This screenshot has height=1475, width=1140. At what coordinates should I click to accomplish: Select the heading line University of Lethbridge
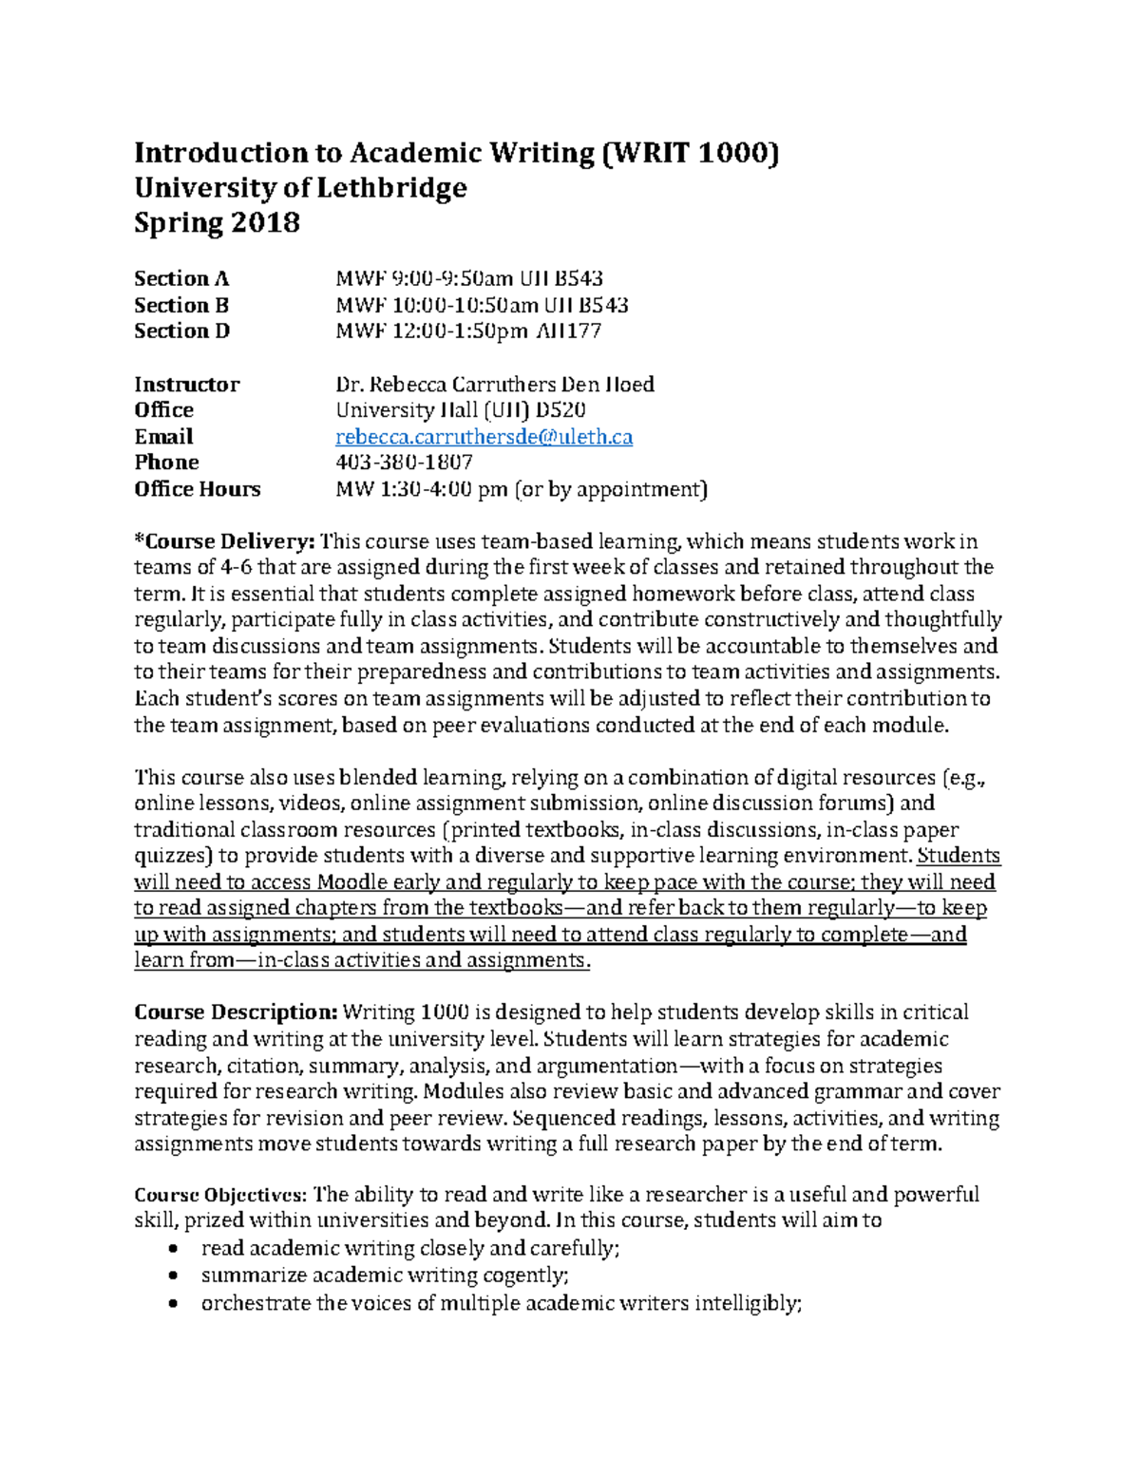pyautogui.click(x=300, y=188)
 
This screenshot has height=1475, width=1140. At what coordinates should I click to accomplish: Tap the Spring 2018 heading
pyautogui.click(x=217, y=223)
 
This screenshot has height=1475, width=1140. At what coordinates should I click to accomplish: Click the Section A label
pyautogui.click(x=180, y=279)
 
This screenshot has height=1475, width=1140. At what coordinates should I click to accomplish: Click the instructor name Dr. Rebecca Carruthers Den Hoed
pyautogui.click(x=494, y=385)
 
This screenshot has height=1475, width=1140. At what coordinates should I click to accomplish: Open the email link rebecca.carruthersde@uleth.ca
pyautogui.click(x=484, y=437)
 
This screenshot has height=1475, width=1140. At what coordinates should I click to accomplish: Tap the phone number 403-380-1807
pyautogui.click(x=404, y=463)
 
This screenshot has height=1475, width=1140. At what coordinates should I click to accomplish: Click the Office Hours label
pyautogui.click(x=197, y=489)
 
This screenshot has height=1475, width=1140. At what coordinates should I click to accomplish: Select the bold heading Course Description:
pyautogui.click(x=236, y=1012)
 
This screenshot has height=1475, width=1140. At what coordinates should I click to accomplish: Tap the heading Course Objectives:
pyautogui.click(x=220, y=1195)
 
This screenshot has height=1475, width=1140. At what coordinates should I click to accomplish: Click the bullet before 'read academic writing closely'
pyautogui.click(x=172, y=1250)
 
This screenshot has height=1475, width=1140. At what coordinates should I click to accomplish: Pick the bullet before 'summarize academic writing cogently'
pyautogui.click(x=172, y=1276)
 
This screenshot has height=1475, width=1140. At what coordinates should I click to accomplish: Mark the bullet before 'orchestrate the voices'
pyautogui.click(x=172, y=1304)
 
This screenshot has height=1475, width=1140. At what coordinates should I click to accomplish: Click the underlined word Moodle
pyautogui.click(x=351, y=882)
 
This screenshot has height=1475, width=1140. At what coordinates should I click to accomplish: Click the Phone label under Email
pyautogui.click(x=166, y=463)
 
